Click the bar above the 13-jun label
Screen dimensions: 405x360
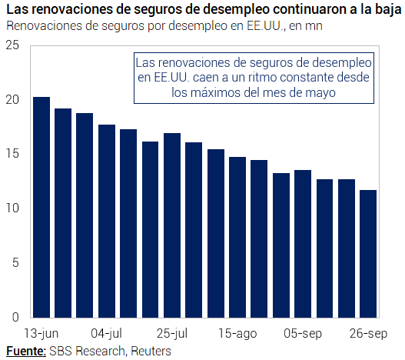(41, 207)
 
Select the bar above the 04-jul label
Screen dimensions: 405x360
(107, 221)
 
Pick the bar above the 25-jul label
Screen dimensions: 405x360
(172, 225)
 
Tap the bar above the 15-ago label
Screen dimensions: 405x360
(237, 237)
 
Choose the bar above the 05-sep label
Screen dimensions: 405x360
(303, 244)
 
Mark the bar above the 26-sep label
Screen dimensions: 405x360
(368, 254)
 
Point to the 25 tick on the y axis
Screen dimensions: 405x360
(12, 45)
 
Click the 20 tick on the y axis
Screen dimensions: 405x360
(12, 100)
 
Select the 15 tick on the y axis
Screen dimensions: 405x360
(12, 154)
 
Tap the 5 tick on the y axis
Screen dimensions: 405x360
(15, 263)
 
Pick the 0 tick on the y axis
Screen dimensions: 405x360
(15, 317)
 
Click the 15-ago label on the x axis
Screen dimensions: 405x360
(237, 334)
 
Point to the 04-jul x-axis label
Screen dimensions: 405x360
(106, 334)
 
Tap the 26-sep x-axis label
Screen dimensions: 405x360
(369, 334)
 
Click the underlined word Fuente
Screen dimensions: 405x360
(26, 352)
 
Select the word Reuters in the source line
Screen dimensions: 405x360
(151, 352)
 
